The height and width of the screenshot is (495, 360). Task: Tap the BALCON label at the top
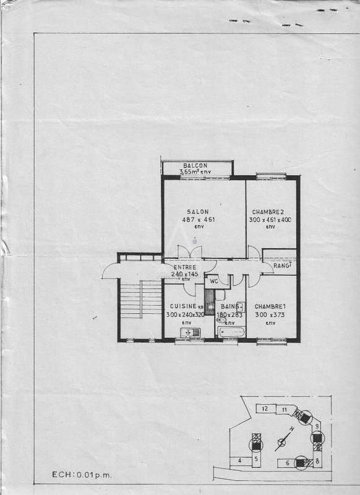195,165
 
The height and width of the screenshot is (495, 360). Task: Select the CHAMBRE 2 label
267,212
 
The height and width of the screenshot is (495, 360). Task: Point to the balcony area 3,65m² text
195,171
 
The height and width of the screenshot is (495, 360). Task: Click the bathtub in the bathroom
233,332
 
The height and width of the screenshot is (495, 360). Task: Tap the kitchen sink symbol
191,333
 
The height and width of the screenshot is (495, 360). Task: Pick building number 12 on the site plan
264,408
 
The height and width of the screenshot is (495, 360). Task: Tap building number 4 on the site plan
239,460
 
